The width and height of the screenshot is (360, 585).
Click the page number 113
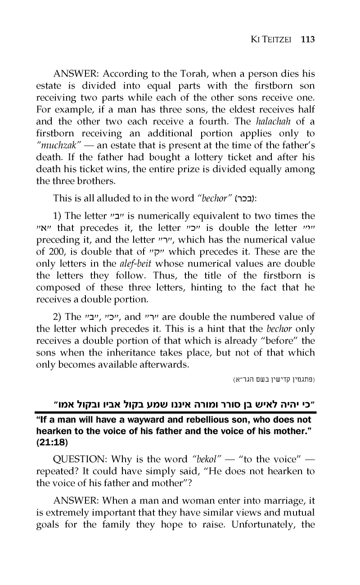pos(308,39)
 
